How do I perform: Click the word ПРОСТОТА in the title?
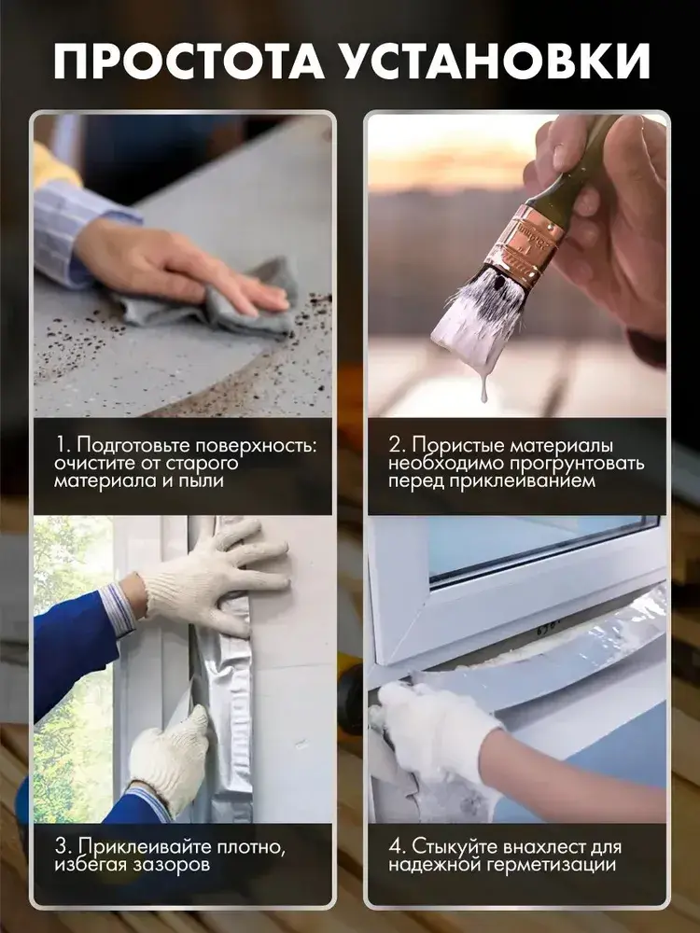(x=189, y=62)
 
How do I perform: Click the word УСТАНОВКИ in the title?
(x=497, y=62)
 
